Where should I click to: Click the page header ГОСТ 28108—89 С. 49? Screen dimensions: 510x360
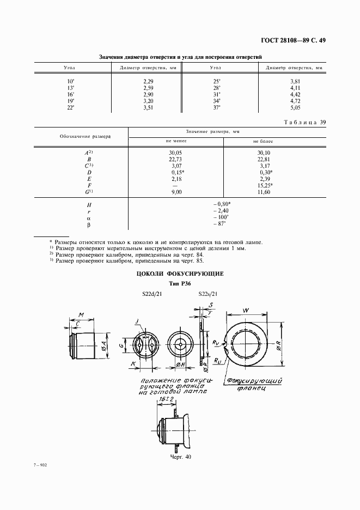[291, 40]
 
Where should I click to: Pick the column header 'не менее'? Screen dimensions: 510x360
[176, 140]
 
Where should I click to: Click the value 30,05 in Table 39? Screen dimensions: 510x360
[176, 153]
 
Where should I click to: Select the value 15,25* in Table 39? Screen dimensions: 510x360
[265, 185]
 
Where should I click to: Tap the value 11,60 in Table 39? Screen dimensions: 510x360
[264, 192]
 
